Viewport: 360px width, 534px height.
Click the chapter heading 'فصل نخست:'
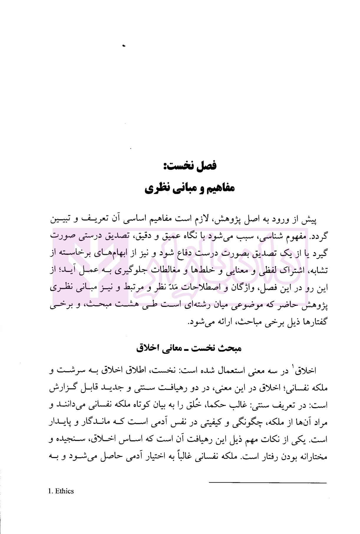coord(190,166)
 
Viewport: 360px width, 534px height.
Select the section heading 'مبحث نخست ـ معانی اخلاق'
coord(189,349)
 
